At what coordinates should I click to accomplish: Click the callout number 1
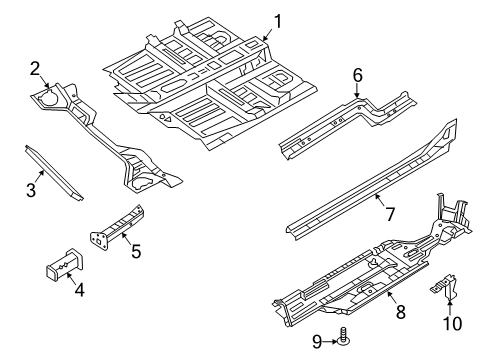[278, 19]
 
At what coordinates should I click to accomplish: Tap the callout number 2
[34, 68]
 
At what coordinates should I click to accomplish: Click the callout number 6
[357, 73]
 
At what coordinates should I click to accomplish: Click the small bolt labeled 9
[343, 340]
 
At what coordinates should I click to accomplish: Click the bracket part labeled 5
[115, 224]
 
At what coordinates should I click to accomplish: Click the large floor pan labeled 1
[200, 85]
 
